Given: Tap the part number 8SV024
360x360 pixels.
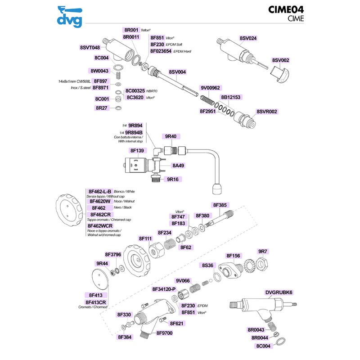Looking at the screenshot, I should [x=248, y=38].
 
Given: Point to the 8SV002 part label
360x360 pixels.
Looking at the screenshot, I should [x=280, y=60].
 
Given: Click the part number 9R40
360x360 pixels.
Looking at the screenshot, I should [x=171, y=136].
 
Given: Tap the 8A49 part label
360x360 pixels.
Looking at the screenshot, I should [x=178, y=166].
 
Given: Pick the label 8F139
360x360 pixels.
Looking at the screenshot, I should [x=137, y=151].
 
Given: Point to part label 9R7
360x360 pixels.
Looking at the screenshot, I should [x=263, y=251].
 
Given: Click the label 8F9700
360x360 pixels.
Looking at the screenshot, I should [x=165, y=333].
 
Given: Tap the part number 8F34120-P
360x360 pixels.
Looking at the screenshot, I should [x=164, y=289].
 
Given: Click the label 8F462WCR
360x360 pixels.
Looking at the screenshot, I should [x=100, y=225].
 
